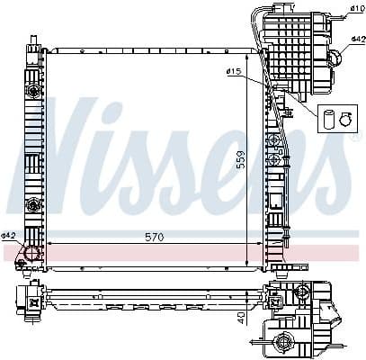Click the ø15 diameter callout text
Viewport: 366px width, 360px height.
click(x=235, y=71)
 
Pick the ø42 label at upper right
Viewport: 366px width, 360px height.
click(x=356, y=40)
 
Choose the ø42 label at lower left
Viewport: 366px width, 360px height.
click(x=9, y=236)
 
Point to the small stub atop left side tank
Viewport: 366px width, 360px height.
click(x=33, y=41)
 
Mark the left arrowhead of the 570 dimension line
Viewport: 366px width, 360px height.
click(x=49, y=244)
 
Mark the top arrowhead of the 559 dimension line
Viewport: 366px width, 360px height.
click(x=248, y=52)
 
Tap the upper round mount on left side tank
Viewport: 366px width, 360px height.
click(x=34, y=91)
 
